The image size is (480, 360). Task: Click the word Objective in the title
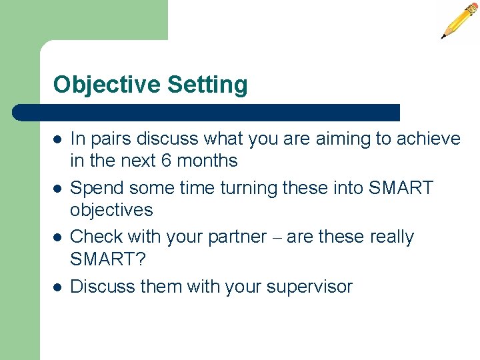[x=107, y=85]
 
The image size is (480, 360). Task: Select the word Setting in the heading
[x=207, y=85]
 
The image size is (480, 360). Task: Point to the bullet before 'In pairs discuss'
[x=58, y=139]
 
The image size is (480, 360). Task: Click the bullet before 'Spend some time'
[x=58, y=189]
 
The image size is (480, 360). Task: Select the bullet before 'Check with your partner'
[x=58, y=237]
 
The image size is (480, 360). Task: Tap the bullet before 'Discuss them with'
[x=58, y=287]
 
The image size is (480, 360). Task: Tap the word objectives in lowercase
[x=111, y=210]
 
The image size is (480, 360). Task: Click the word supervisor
[x=309, y=287]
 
